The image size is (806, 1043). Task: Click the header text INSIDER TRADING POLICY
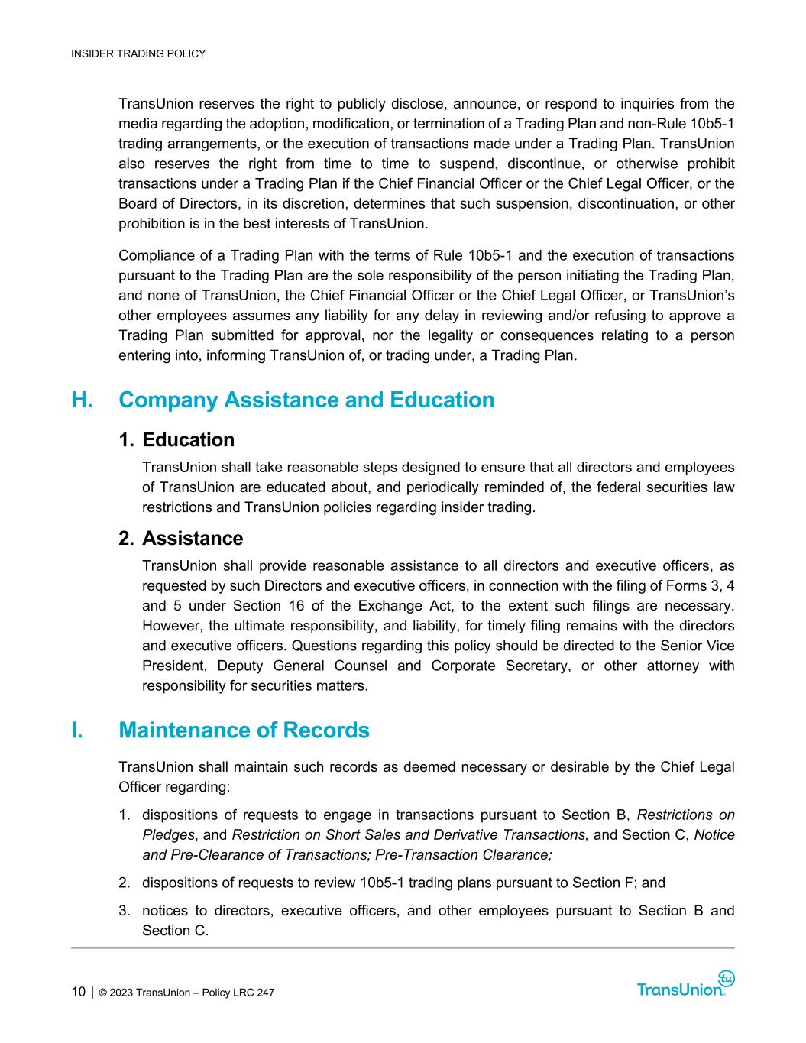(x=138, y=53)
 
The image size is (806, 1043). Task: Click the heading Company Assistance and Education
(x=306, y=400)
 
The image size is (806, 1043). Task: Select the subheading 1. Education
(x=176, y=440)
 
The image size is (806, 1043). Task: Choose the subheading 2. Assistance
(x=181, y=539)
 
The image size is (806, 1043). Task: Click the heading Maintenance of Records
(x=244, y=730)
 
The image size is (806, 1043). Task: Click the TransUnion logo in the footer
(x=685, y=986)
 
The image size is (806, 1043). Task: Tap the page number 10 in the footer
(x=79, y=993)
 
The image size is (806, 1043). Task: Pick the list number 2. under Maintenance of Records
(x=124, y=883)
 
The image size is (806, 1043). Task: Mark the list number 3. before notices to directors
(x=124, y=911)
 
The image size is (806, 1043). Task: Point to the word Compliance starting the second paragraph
(x=156, y=255)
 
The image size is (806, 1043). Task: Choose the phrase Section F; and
(x=618, y=883)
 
